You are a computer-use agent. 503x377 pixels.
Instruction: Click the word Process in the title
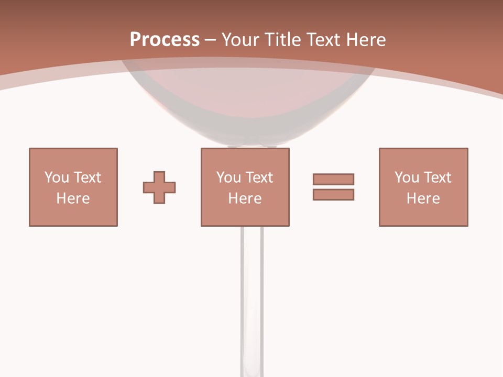pyautogui.click(x=165, y=40)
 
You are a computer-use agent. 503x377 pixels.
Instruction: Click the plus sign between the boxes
pyautogui.click(x=159, y=187)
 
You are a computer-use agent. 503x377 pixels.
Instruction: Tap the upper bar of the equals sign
pyautogui.click(x=333, y=179)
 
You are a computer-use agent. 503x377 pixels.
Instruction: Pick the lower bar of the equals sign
pyautogui.click(x=333, y=194)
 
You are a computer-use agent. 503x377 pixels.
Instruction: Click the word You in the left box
pyautogui.click(x=57, y=178)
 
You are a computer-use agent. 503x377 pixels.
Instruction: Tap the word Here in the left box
pyautogui.click(x=73, y=198)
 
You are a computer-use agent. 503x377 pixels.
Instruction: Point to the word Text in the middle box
pyautogui.click(x=259, y=178)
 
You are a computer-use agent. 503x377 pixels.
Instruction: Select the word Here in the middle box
pyautogui.click(x=245, y=198)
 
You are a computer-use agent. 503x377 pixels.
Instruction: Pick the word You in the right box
pyautogui.click(x=407, y=178)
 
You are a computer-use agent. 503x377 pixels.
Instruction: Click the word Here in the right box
pyautogui.click(x=423, y=198)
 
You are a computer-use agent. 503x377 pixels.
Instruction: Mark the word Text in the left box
pyautogui.click(x=87, y=178)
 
